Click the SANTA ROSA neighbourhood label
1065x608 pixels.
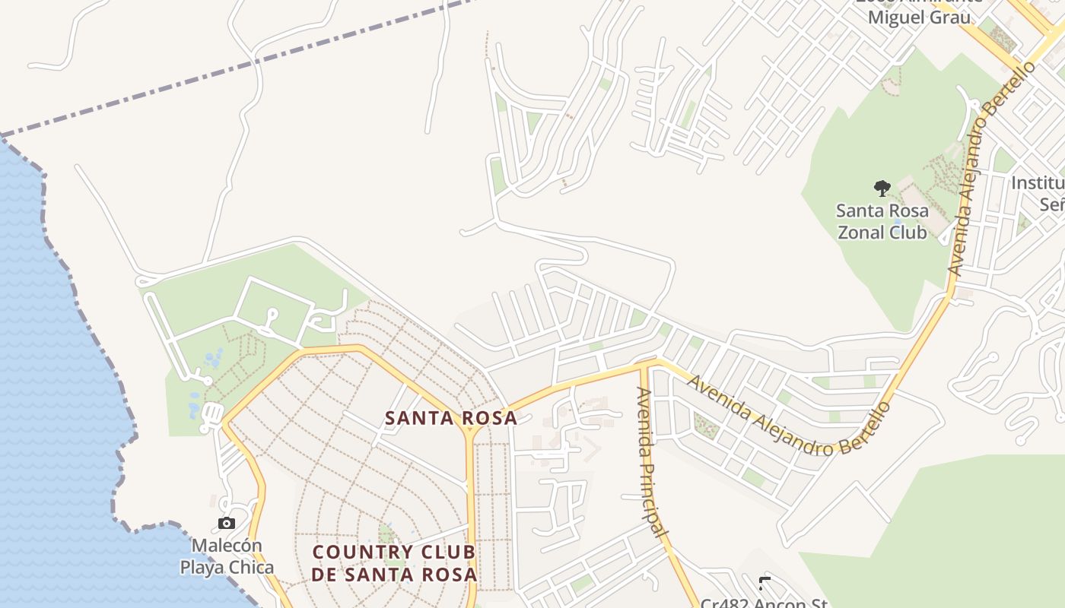coord(450,418)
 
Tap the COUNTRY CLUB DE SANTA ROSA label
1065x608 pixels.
coord(394,563)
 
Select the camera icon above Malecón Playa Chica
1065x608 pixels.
coord(226,523)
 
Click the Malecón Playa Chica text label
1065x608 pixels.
coord(227,556)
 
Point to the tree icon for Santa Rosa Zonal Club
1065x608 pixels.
coord(882,188)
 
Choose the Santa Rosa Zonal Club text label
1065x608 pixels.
coord(882,221)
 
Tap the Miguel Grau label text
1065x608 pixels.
coord(919,17)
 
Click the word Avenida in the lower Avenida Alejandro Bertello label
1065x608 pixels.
coord(720,395)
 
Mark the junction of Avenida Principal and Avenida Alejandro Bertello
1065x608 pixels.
coord(644,365)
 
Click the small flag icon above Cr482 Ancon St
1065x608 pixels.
coord(765,583)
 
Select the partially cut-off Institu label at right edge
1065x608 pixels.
coord(1038,183)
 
